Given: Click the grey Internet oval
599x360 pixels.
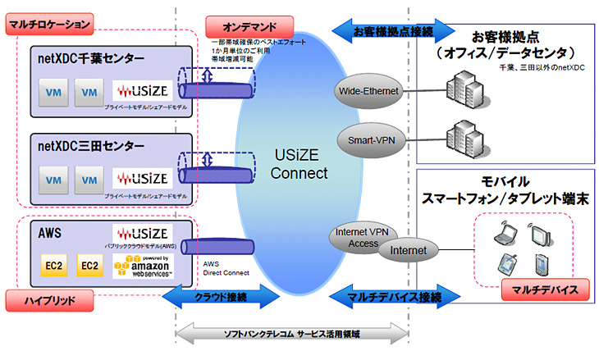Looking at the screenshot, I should point(409,248).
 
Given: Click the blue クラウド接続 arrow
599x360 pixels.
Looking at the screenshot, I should point(215,295).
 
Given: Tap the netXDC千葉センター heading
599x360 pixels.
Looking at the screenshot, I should point(90,58).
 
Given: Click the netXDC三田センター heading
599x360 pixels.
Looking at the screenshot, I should point(90,147).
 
